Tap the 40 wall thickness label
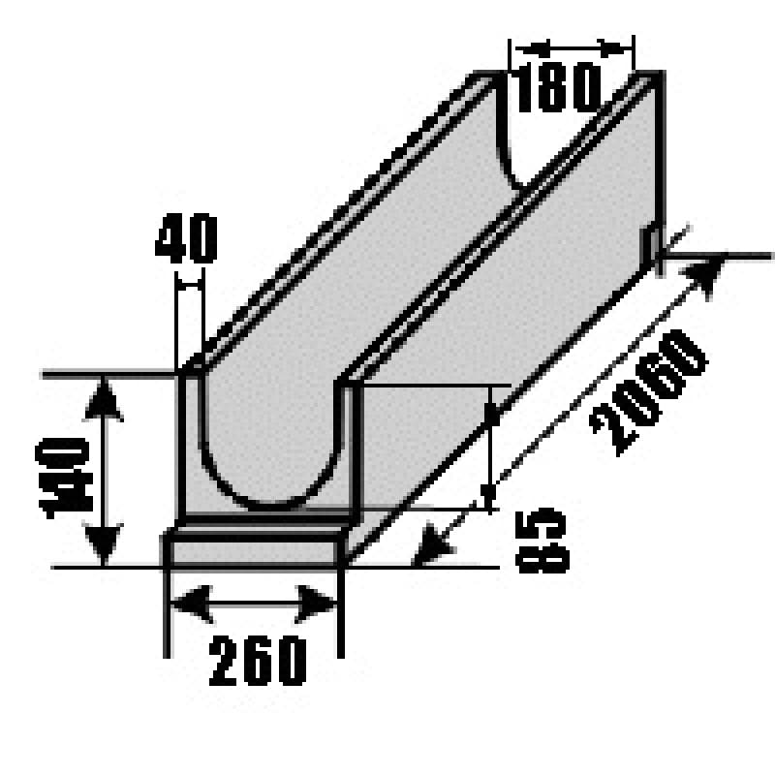pos(186,238)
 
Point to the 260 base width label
pos(258,661)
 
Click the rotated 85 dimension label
pos(542,541)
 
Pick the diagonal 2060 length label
pos(648,392)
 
